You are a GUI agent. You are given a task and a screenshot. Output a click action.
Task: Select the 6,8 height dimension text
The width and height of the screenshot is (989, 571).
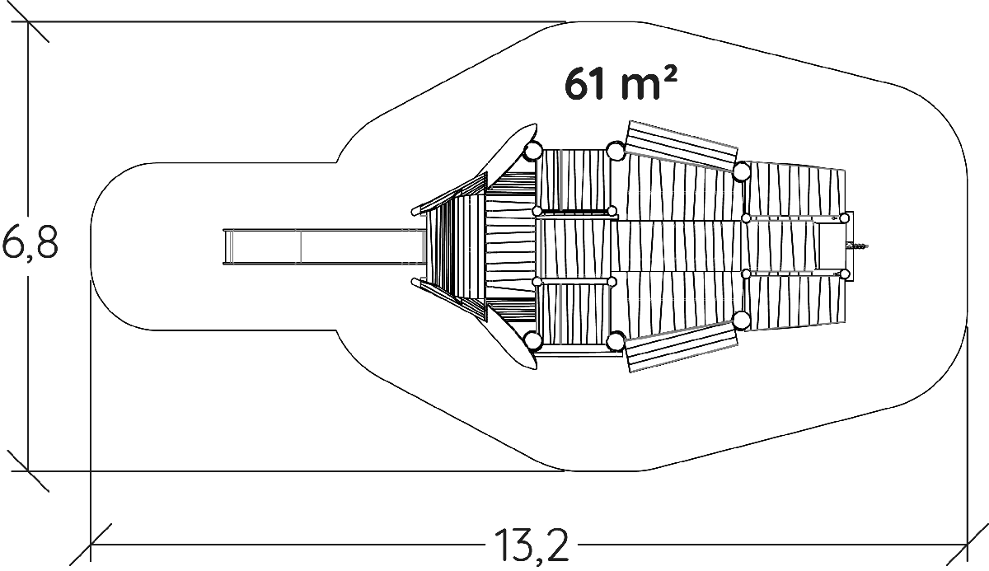point(30,244)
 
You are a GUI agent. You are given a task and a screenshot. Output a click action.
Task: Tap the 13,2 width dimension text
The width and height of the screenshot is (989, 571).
point(531,545)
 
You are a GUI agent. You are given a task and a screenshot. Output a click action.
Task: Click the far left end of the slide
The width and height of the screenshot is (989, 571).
point(224,247)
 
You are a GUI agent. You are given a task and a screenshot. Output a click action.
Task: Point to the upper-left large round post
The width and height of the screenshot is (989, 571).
point(533,152)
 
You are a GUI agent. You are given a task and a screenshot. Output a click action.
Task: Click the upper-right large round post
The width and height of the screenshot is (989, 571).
point(742,171)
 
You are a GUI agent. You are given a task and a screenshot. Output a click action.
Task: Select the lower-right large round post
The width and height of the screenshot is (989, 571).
point(742,321)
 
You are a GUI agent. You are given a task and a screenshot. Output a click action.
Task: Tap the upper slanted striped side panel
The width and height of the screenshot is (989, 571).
point(682,146)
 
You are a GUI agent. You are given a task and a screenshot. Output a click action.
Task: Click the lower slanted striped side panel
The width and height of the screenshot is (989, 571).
point(682,347)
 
